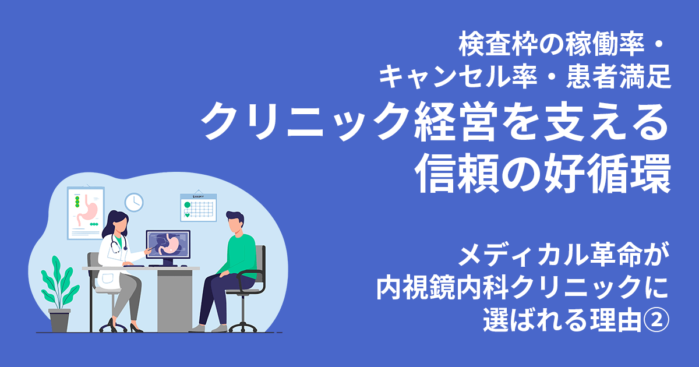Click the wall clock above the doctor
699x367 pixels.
point(134,202)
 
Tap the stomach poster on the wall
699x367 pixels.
point(86,212)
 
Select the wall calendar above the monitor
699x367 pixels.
point(198,207)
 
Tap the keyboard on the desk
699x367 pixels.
point(144,266)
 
